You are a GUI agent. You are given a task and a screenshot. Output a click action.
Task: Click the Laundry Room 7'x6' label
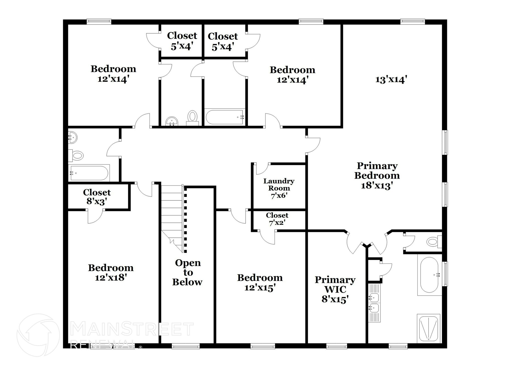pyautogui.click(x=279, y=188)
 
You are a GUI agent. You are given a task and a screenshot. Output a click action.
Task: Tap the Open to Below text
pyautogui.click(x=187, y=273)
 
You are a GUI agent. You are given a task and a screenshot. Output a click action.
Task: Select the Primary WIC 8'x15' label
pyautogui.click(x=335, y=289)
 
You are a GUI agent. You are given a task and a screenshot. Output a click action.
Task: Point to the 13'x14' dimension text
pyautogui.click(x=391, y=80)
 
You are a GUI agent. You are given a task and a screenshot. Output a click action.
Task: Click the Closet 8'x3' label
pyautogui.click(x=97, y=197)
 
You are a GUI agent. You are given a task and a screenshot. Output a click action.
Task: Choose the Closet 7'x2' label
pyautogui.click(x=277, y=219)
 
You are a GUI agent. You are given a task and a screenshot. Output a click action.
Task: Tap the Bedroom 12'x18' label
pyautogui.click(x=110, y=273)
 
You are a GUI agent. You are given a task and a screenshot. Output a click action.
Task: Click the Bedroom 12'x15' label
pyautogui.click(x=260, y=283)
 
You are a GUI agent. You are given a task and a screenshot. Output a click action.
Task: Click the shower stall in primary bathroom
pyautogui.click(x=429, y=328)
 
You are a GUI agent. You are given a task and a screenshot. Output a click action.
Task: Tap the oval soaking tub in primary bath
pyautogui.click(x=429, y=275)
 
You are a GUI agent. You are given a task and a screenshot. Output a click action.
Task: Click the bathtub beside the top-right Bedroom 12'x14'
pyautogui.click(x=224, y=117)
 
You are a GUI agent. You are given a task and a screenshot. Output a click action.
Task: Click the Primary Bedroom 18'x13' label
pyautogui.click(x=377, y=175)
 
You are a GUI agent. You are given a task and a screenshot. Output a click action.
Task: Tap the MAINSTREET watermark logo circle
pyautogui.click(x=38, y=335)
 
